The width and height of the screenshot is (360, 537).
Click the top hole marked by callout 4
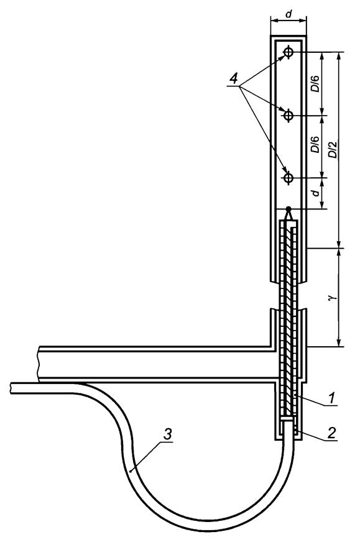(288, 52)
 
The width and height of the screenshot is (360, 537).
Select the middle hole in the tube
(288, 116)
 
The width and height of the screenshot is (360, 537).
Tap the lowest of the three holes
(288, 178)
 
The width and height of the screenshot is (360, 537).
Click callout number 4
(233, 80)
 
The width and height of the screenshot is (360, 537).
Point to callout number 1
(331, 398)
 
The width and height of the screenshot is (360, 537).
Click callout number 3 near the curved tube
(167, 435)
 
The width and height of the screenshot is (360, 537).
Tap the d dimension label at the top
(288, 14)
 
